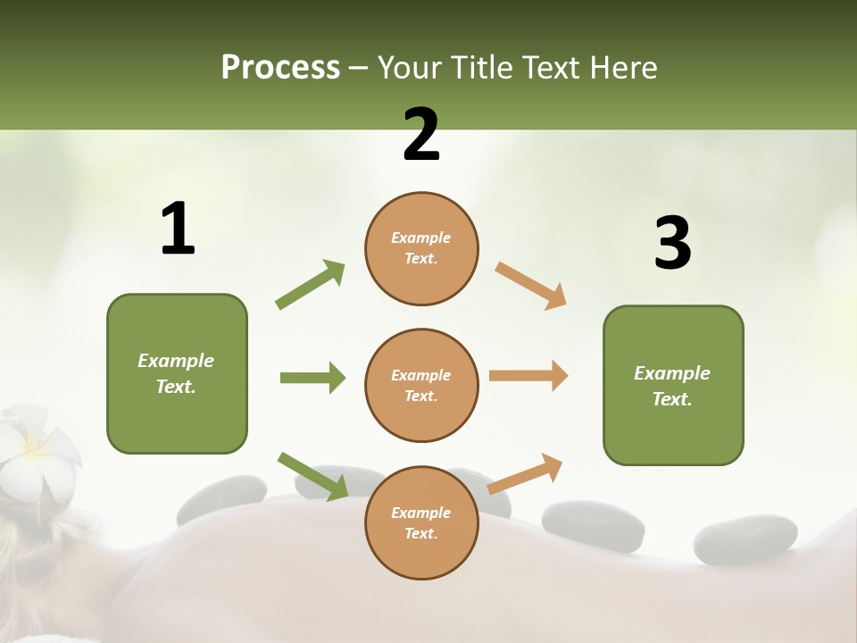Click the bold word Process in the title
(280, 67)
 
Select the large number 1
(178, 229)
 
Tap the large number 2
(421, 135)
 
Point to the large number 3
(672, 243)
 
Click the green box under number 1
(177, 373)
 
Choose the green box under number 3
(673, 386)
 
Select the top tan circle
(421, 248)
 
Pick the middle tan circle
(421, 385)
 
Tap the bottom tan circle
(421, 522)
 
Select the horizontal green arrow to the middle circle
(312, 378)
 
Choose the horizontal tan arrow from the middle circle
(528, 375)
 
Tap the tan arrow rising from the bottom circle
(525, 473)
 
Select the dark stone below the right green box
(745, 539)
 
